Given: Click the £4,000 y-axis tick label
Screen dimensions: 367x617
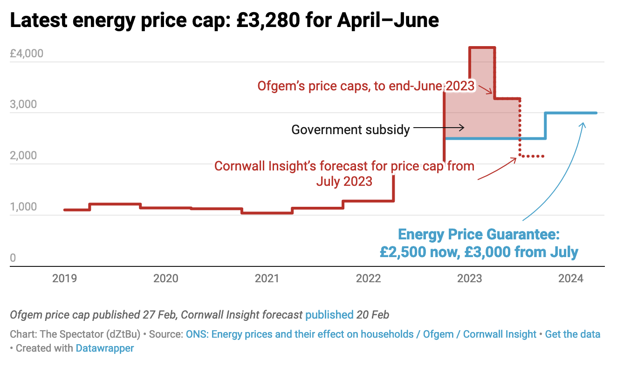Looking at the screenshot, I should [x=27, y=54].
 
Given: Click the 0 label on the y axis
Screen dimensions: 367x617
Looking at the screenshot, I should [x=13, y=258].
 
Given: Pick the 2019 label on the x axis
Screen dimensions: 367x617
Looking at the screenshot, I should [x=65, y=279].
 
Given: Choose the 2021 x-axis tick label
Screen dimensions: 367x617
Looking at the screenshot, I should [x=267, y=279].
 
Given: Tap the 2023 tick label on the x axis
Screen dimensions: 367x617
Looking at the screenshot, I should [x=470, y=279].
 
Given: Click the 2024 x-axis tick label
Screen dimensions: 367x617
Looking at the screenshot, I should [x=571, y=279].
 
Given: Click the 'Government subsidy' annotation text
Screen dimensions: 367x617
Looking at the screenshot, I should [x=350, y=129].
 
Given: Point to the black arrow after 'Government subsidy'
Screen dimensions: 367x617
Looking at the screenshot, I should [x=439, y=127].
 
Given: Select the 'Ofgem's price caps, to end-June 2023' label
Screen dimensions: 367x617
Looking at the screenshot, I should [x=366, y=86].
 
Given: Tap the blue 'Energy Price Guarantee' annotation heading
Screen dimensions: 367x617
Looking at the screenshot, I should [x=478, y=234].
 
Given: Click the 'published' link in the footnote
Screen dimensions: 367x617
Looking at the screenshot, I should [x=329, y=315].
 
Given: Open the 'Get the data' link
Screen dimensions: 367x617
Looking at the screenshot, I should [x=572, y=334].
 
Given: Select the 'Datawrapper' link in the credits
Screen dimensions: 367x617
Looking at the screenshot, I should [x=105, y=348].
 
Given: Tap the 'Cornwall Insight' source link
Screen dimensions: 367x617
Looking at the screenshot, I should [x=500, y=334].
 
